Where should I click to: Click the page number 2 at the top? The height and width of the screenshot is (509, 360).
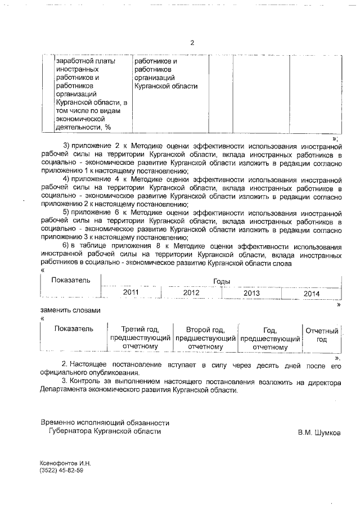click(x=192, y=43)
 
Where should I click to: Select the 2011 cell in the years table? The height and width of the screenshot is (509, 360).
click(x=130, y=293)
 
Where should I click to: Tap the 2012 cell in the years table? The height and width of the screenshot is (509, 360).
click(x=191, y=293)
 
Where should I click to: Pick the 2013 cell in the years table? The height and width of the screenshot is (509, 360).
click(x=251, y=293)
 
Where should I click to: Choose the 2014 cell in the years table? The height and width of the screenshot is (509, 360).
click(x=311, y=293)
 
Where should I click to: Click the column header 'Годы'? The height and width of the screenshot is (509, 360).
click(x=222, y=281)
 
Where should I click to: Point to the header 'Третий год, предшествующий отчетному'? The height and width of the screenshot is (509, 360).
click(x=140, y=338)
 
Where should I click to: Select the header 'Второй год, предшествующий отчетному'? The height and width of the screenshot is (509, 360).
click(x=205, y=338)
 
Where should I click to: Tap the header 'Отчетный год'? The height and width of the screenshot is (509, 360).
click(x=322, y=335)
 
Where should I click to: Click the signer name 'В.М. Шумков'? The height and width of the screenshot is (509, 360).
click(x=319, y=433)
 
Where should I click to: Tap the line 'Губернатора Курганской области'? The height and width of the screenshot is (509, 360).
click(x=105, y=431)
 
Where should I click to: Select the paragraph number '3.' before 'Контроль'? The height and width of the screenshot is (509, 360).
click(x=65, y=383)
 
